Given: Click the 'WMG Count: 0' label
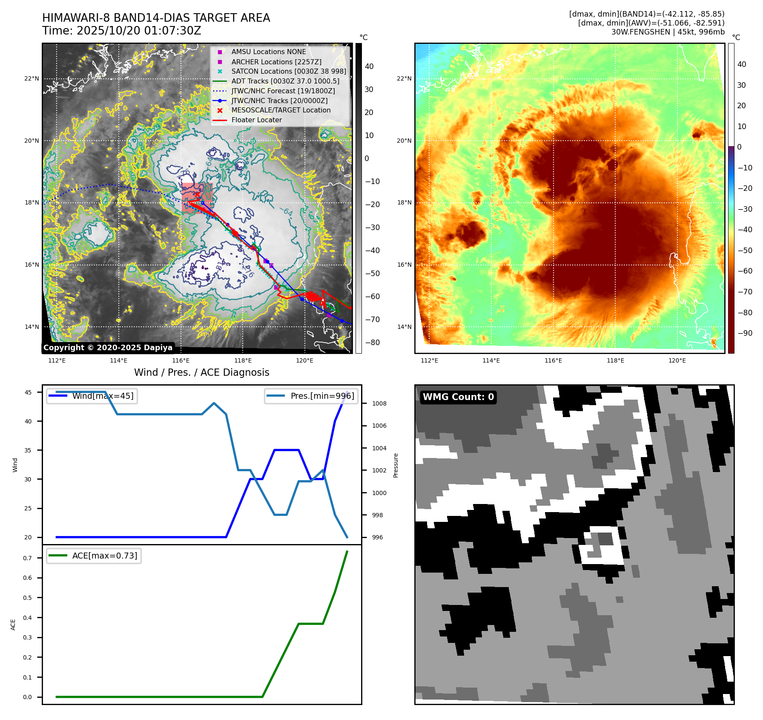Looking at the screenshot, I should coord(458,397).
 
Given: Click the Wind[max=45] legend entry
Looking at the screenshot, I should coord(103,396).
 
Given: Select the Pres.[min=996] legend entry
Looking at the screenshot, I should coord(322,396).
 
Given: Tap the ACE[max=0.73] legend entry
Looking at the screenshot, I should coord(105,556).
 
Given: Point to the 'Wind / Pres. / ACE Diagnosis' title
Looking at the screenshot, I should coord(202,372).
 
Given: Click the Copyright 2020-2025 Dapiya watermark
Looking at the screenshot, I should coord(108,348).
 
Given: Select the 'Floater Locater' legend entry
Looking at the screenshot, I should coord(256,120).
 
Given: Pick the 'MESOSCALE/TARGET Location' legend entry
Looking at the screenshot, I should coord(281,110).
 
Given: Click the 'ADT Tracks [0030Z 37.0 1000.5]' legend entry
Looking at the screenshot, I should coord(285,81).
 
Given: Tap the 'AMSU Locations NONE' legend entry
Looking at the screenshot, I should coord(268,52).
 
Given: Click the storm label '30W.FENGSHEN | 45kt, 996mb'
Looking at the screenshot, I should coord(668,32).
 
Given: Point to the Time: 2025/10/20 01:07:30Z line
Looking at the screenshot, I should coord(122,31).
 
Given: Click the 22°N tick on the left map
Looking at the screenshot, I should coord(32,78).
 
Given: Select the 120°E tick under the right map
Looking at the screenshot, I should coord(677,360).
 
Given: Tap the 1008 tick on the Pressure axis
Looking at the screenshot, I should coord(379,403).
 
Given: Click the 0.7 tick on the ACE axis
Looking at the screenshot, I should coord(27,558).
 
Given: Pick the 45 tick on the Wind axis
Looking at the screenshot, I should coord(28,392).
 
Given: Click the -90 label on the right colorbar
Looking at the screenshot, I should coord(745,333).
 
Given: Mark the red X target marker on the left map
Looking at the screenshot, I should coord(197,194).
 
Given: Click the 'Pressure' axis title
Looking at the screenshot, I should coord(396,465).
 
